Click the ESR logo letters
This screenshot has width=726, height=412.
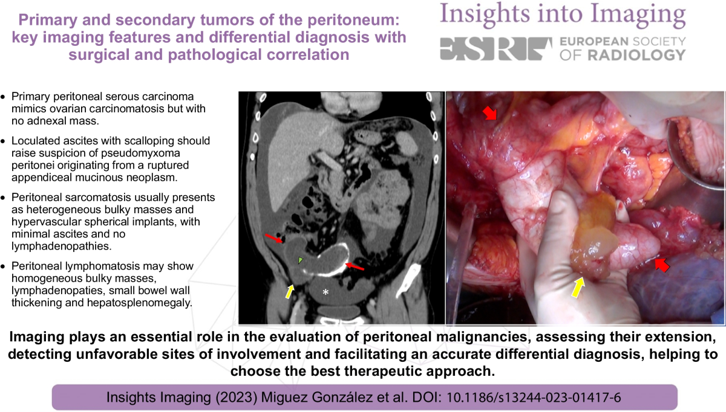pos(496,49)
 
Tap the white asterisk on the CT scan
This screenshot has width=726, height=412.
pos(325,292)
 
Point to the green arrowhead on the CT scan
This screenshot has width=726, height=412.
pos(301,260)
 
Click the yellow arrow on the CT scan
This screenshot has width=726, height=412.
pos(289,291)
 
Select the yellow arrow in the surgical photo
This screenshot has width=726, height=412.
pos(578,288)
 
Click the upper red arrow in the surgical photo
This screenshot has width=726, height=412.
pos(489,114)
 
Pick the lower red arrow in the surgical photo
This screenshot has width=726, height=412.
pos(662,265)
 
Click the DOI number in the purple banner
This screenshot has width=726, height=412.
pos(534,398)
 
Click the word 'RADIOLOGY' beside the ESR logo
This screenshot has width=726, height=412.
pos(636,55)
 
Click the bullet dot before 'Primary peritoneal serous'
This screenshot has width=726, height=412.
pos(3,97)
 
